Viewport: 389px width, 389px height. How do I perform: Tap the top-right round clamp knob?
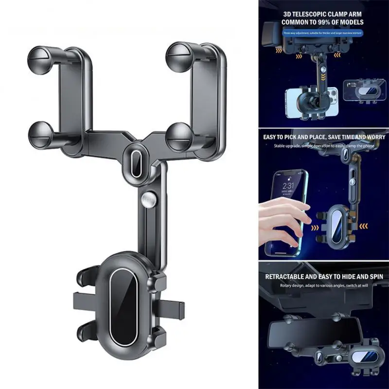tap(177, 56)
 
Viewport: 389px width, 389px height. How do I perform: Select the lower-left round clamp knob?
tap(41, 134)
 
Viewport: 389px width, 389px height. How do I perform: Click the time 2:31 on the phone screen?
tap(288, 186)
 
